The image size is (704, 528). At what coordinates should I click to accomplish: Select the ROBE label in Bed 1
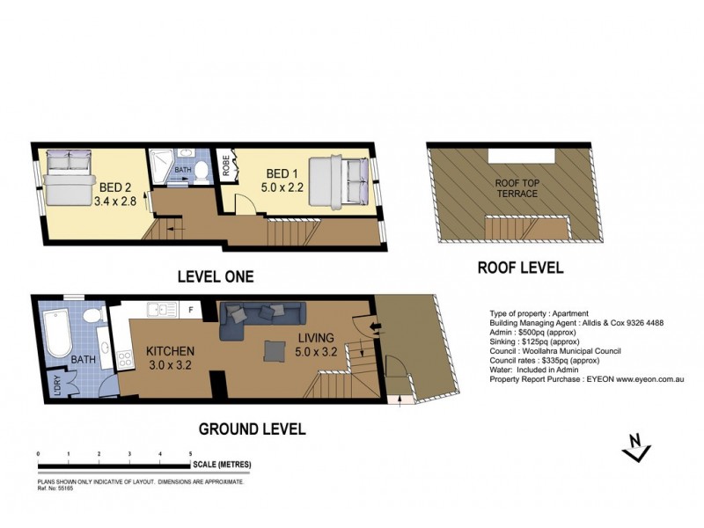pyautogui.click(x=226, y=167)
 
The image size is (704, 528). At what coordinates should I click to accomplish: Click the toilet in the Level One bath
pyautogui.click(x=202, y=170)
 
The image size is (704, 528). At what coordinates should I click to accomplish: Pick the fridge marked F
pyautogui.click(x=190, y=310)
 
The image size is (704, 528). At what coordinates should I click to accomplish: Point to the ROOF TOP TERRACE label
pyautogui.click(x=516, y=187)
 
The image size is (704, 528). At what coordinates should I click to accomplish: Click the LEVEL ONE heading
pyautogui.click(x=216, y=276)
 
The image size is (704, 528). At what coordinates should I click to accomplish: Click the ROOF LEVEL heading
pyautogui.click(x=520, y=268)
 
